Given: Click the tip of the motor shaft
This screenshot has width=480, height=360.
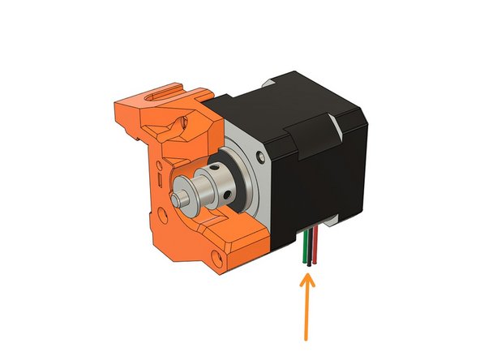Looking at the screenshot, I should [x=177, y=197].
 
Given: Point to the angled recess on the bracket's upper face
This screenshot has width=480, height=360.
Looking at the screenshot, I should [x=173, y=122].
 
